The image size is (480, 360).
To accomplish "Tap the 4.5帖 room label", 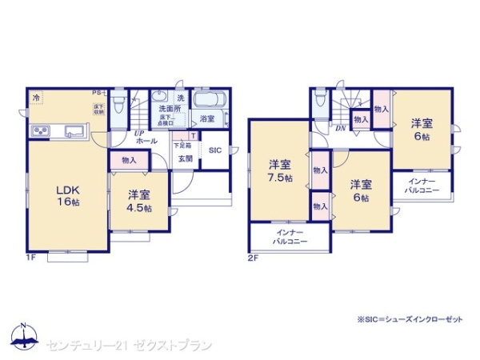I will tap(138, 201).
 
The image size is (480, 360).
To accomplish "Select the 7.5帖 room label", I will tap(279, 172).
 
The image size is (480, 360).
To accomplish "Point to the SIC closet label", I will tap(214, 150).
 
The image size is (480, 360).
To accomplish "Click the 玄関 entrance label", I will tap(185, 158).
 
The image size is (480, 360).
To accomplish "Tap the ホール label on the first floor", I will tap(146, 141).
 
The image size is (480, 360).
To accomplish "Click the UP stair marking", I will tap(139, 132).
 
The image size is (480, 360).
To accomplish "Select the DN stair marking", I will tap(340, 128).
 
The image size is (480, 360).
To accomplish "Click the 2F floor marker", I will tap(253, 258).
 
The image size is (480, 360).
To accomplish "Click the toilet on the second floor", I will tap(320, 102).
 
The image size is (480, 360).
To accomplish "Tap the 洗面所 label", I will tap(169, 108).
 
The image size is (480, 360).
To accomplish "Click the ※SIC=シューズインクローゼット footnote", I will tap(410, 319).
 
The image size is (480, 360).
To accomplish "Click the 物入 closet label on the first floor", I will tap(129, 161).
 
